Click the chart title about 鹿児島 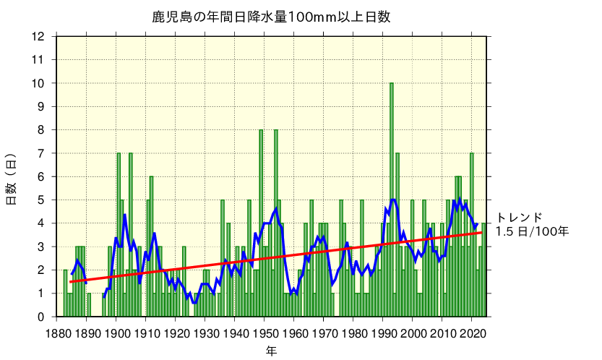pos(271,17)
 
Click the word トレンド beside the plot pos(519,218)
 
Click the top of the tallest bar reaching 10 pos(392,84)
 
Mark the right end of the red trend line pos(482,232)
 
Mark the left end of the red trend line pos(70,282)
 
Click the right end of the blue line pos(477,224)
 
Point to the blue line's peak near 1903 pos(124,215)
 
